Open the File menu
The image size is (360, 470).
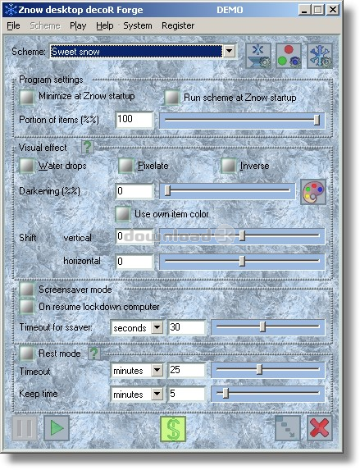tap(13, 25)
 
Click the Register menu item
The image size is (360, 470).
tap(178, 25)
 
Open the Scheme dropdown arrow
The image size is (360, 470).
tap(230, 51)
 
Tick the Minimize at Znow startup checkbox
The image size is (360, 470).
tap(27, 97)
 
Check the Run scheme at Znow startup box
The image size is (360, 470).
tap(172, 98)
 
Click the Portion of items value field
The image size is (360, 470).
tap(134, 120)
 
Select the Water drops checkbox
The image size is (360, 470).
tap(27, 166)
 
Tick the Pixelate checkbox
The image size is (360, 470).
tap(126, 166)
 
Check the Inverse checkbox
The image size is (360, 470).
tap(228, 166)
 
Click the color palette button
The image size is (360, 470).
tap(313, 192)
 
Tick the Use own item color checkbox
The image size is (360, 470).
tap(123, 214)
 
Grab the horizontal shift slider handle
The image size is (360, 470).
tap(242, 261)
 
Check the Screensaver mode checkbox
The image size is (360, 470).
tap(27, 290)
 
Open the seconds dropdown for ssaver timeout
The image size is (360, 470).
tap(157, 327)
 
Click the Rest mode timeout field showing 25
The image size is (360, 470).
tap(187, 370)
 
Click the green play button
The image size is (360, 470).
tap(57, 427)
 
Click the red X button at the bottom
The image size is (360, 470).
tap(320, 427)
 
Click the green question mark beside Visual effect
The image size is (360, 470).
tap(88, 147)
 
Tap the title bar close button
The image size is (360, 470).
tap(333, 10)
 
